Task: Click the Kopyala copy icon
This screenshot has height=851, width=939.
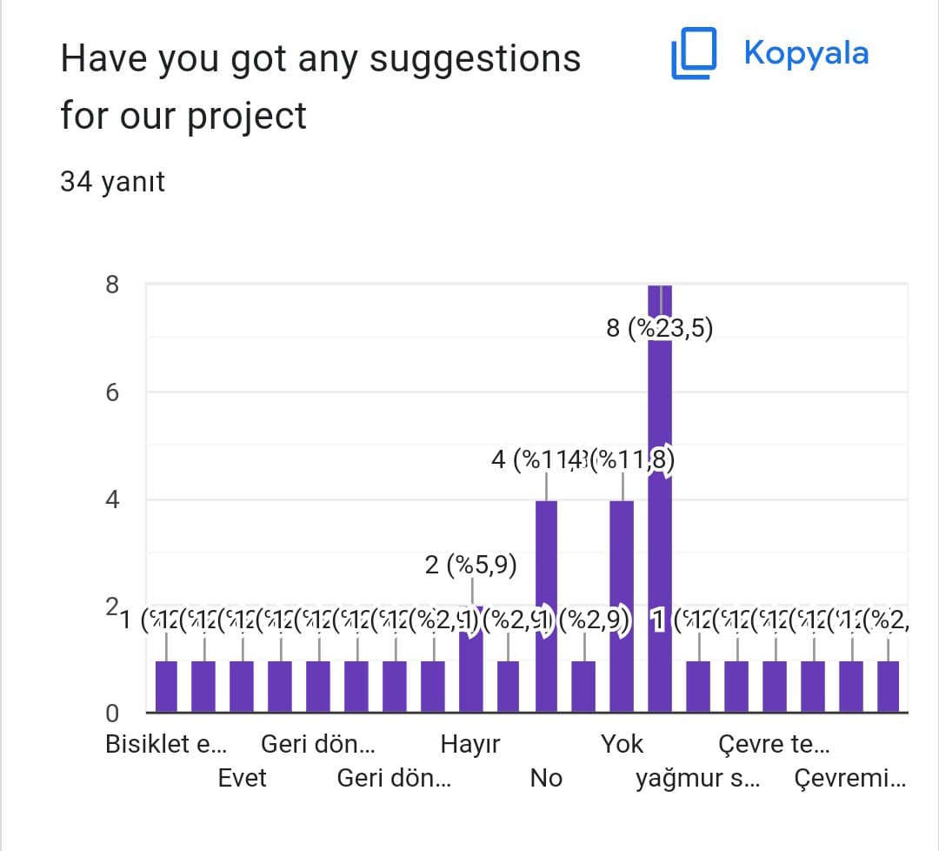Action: click(693, 53)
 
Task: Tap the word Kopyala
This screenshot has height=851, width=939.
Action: click(806, 53)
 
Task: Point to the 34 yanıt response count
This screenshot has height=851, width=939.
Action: click(112, 182)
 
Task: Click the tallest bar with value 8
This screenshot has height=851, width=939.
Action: click(661, 522)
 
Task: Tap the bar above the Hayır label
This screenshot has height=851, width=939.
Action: click(470, 661)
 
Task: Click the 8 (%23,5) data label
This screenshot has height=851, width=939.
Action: click(660, 330)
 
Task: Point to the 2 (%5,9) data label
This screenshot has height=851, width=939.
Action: click(470, 566)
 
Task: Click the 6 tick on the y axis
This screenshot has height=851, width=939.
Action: click(112, 392)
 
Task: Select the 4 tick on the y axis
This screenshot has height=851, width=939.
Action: click(112, 499)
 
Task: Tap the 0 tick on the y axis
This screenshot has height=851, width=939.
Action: click(112, 714)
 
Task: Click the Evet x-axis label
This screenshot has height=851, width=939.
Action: click(242, 777)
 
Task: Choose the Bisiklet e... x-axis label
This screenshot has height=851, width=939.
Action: click(166, 745)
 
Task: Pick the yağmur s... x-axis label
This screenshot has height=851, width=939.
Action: click(697, 777)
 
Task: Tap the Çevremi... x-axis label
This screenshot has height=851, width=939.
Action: click(850, 777)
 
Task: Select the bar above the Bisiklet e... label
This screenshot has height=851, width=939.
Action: click(166, 687)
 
